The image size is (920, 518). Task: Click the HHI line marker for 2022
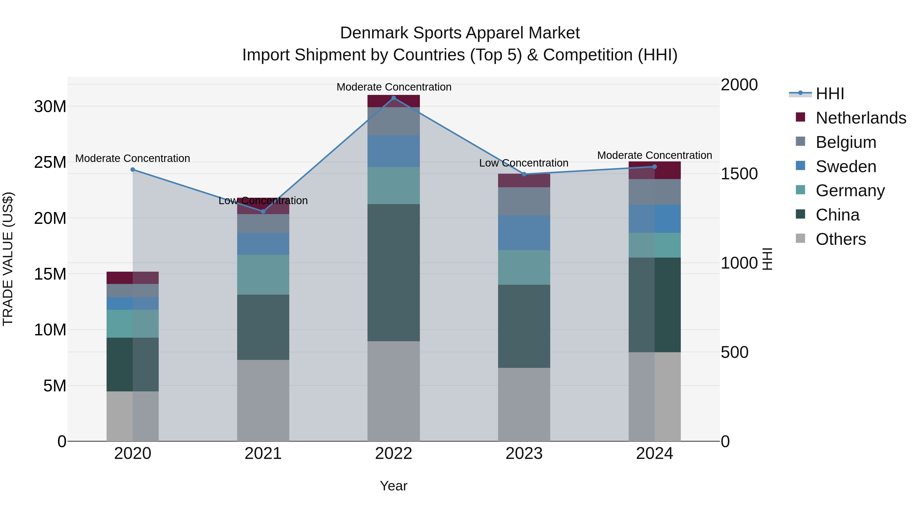pos(394,98)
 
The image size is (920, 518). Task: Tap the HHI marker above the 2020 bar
pos(132,169)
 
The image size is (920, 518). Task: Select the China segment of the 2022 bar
pos(394,272)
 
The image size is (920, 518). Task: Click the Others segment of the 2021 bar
pos(263,400)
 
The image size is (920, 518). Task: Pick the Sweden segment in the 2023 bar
pos(524,233)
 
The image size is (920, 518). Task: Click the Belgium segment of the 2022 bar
pos(394,121)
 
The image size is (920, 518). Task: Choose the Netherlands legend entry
pos(861,118)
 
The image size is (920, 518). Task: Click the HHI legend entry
pos(830,94)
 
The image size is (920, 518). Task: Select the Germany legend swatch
pos(801,190)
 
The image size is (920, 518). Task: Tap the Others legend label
pos(841,239)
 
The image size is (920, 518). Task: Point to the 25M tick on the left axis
pos(50,162)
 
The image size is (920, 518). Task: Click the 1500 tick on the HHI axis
pos(739,174)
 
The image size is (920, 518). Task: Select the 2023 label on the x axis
pos(524,454)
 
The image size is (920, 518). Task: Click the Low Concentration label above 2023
pos(524,163)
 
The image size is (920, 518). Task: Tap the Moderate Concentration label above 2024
pos(654,155)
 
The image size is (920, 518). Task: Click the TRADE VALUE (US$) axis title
pos(8,259)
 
